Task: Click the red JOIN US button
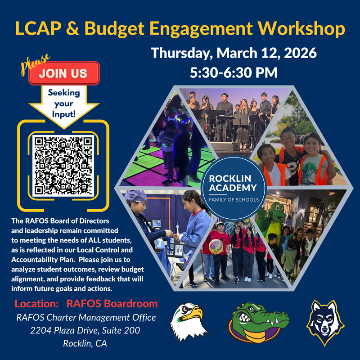tap(63, 73)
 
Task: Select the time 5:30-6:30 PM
tap(234, 72)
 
